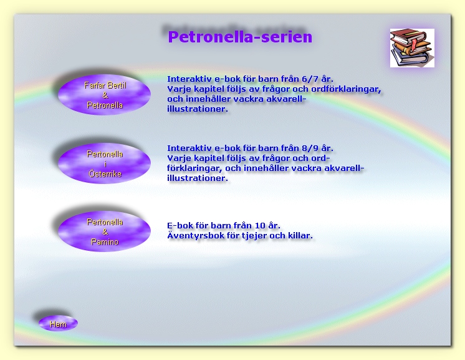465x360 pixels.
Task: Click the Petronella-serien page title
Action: click(x=240, y=37)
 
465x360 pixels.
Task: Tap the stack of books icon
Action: click(x=412, y=48)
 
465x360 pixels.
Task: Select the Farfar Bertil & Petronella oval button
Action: click(x=104, y=95)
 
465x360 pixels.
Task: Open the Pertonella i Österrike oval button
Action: click(x=104, y=163)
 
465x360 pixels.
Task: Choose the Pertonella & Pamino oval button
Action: click(x=104, y=231)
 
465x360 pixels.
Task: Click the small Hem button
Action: click(x=58, y=323)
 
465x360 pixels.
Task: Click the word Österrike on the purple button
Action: click(x=105, y=173)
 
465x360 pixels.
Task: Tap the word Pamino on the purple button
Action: click(x=105, y=242)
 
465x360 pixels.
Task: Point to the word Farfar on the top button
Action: click(x=93, y=85)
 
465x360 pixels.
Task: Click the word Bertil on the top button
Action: click(x=117, y=85)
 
